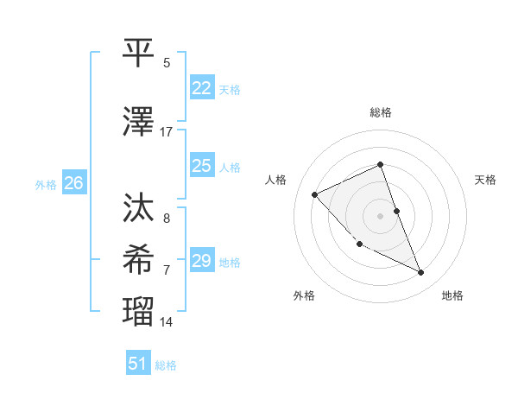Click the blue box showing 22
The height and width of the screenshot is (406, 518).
[202, 88]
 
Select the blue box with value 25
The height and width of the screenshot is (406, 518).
[202, 166]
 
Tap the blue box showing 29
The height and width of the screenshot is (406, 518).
[202, 261]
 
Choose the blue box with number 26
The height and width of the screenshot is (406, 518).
[74, 183]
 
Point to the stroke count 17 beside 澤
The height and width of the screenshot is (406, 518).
[167, 132]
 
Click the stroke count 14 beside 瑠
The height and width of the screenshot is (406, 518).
[167, 322]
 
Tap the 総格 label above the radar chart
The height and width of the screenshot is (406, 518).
[380, 112]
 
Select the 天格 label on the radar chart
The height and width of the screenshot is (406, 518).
[486, 180]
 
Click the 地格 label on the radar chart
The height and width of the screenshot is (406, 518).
[452, 296]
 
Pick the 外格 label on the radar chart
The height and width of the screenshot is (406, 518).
[304, 296]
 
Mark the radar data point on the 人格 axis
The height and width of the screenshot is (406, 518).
[315, 194]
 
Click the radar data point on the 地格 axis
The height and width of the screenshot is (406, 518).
[421, 273]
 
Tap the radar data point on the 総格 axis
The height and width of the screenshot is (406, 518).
[380, 164]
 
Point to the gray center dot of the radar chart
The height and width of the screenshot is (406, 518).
[380, 216]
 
